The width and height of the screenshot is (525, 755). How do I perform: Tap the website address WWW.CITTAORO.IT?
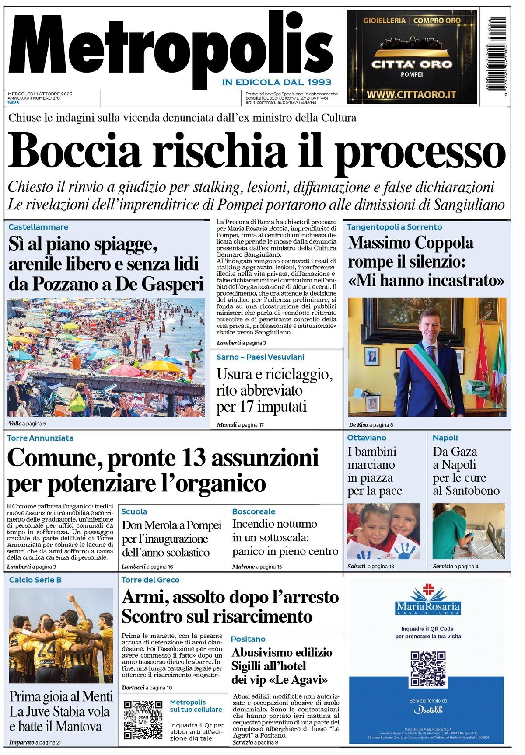[x=411, y=94]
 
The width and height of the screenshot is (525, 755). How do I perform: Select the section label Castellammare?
[x=38, y=227]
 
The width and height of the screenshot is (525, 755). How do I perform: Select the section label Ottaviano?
[x=367, y=438]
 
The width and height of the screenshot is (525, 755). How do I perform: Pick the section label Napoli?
[x=445, y=438]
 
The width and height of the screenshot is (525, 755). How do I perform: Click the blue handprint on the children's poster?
[x=406, y=550]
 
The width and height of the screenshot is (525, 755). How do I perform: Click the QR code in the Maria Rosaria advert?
[x=428, y=669]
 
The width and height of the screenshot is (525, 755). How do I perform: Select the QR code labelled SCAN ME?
[x=143, y=720]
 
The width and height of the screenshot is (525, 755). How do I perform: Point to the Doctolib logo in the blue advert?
[x=428, y=710]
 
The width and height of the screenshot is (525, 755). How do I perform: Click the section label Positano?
[x=248, y=639]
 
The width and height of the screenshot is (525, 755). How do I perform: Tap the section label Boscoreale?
[x=254, y=511]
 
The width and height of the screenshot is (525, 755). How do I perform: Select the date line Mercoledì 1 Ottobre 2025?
[x=40, y=94]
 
